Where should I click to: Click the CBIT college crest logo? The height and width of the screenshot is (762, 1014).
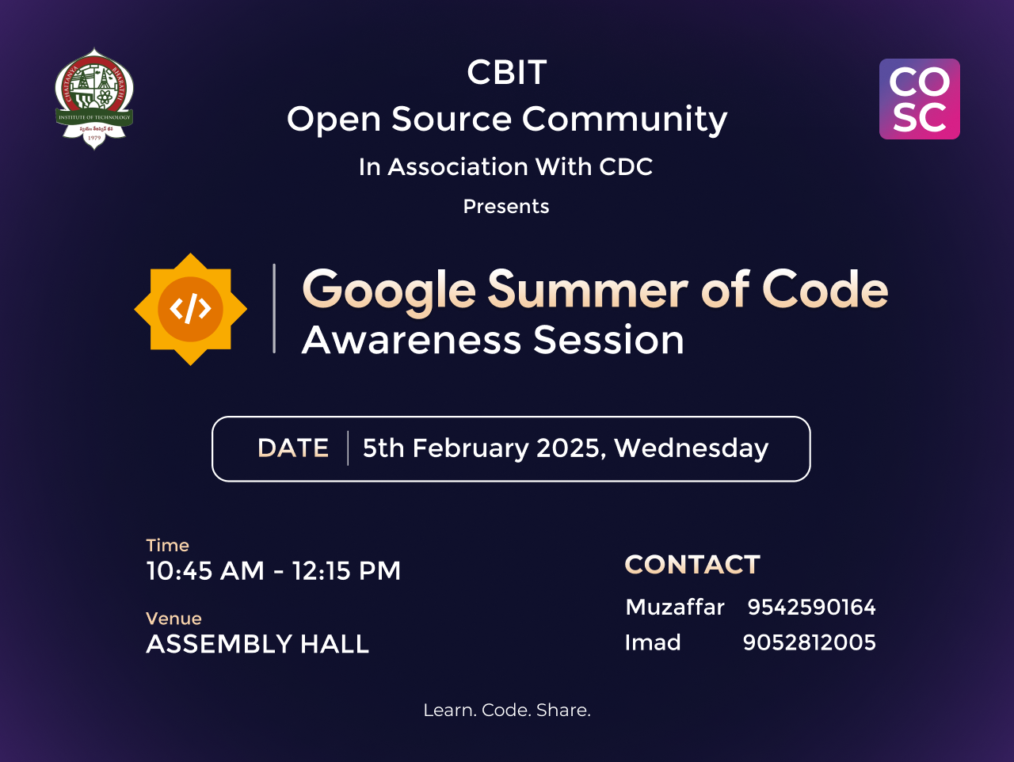[94, 99]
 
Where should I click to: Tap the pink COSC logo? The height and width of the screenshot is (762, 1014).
[919, 99]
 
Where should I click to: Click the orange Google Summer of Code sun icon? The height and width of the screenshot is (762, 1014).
[190, 309]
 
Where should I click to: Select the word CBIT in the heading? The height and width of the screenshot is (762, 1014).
[507, 73]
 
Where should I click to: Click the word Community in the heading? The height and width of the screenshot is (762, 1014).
[624, 120]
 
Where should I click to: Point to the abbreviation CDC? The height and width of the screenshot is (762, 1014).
[626, 166]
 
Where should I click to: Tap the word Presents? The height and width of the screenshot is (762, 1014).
[506, 207]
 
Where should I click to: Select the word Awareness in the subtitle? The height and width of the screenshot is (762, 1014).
[412, 340]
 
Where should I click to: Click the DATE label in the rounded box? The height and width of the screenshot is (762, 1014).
[293, 448]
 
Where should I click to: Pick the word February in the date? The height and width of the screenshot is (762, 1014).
[471, 449]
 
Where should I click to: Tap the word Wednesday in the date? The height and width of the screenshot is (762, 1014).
[691, 449]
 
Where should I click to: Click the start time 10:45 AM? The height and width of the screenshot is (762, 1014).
[205, 571]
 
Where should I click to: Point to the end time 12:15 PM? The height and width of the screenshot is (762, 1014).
[346, 571]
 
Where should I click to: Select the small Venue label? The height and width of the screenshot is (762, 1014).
[173, 619]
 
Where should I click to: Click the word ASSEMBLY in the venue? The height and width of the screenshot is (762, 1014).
[219, 644]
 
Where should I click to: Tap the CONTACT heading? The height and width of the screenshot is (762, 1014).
[692, 564]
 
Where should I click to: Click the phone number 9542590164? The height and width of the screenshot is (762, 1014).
[812, 607]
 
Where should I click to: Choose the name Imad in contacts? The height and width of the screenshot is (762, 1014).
[653, 642]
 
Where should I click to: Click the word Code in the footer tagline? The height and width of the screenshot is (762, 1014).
[507, 711]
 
